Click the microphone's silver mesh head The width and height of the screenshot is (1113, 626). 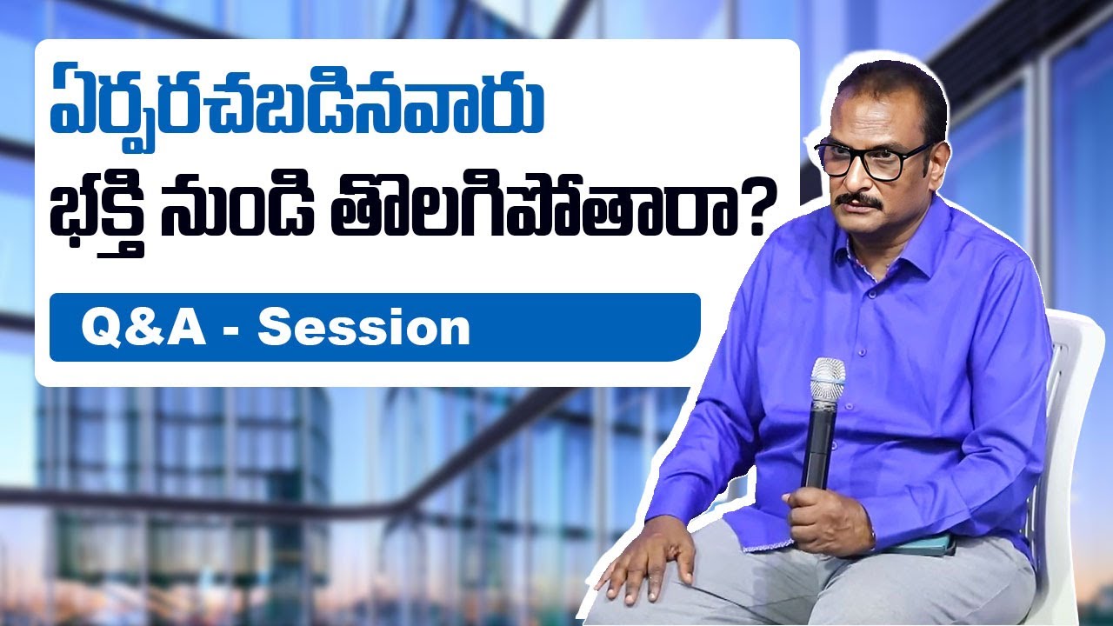coord(827,380)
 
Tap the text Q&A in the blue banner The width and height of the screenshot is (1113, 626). coord(143,329)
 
